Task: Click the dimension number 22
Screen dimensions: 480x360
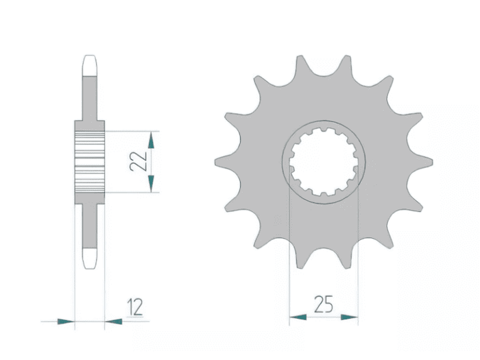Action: [x=139, y=162]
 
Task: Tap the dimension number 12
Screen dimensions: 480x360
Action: [x=135, y=307]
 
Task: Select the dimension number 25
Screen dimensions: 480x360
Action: [x=324, y=304]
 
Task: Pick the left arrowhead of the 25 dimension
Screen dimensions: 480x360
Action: [x=298, y=317]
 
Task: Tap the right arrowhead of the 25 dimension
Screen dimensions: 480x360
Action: [x=350, y=317]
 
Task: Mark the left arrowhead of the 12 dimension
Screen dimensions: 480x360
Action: [x=66, y=322]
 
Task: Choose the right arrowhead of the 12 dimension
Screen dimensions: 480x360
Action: [x=113, y=322]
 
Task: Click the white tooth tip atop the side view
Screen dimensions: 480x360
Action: [x=90, y=66]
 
